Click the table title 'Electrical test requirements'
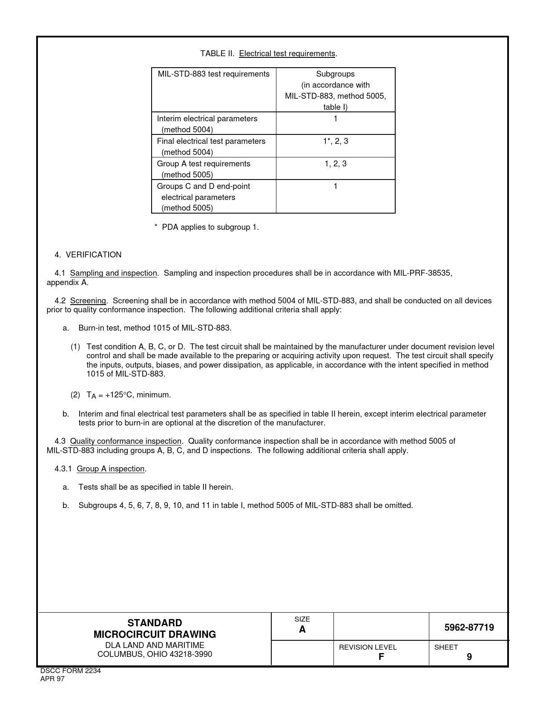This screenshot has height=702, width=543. click(x=287, y=54)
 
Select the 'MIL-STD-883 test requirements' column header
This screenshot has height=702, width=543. click(x=213, y=74)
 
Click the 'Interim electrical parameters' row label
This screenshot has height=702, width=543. click(x=207, y=119)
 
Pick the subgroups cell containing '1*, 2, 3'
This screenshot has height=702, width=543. click(x=335, y=141)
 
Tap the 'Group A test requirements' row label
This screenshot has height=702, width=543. click(x=204, y=164)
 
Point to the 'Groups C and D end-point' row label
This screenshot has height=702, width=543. click(x=203, y=186)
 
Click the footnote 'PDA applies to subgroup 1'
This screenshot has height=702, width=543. click(x=210, y=227)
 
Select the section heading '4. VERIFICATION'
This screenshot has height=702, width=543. click(x=88, y=255)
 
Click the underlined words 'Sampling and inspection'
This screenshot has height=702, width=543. click(x=113, y=273)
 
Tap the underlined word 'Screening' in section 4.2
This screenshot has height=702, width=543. click(x=88, y=301)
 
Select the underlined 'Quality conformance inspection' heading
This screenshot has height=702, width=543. click(x=126, y=441)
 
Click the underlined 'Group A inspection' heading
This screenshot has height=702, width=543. click(x=110, y=469)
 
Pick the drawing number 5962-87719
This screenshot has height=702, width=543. click(x=469, y=628)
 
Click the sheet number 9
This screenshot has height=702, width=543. click(x=469, y=657)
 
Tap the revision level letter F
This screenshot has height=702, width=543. click(x=381, y=657)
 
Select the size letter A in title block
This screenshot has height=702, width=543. click(x=302, y=630)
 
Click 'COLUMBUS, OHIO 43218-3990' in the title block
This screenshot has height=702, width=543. click(x=155, y=654)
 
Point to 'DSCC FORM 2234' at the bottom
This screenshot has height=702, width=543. click(x=70, y=671)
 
